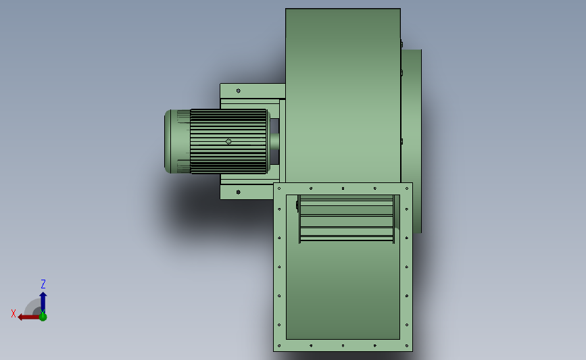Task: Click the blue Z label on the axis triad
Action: pos(43,284)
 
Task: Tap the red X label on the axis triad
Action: pos(14,313)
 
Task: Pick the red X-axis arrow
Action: pos(27,316)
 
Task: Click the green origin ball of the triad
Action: pos(43,316)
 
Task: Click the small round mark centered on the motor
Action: pos(228,141)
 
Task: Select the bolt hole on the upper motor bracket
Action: pos(238,90)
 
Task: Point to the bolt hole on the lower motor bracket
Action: pos(238,192)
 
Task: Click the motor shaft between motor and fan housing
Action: pos(274,141)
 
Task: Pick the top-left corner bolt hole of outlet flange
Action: pos(278,188)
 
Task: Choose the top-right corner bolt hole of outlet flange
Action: pos(407,188)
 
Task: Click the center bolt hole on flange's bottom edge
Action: pos(343,346)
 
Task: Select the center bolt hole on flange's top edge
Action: pos(343,188)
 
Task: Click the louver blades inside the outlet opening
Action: pos(347,217)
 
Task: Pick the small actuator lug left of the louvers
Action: pos(297,205)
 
